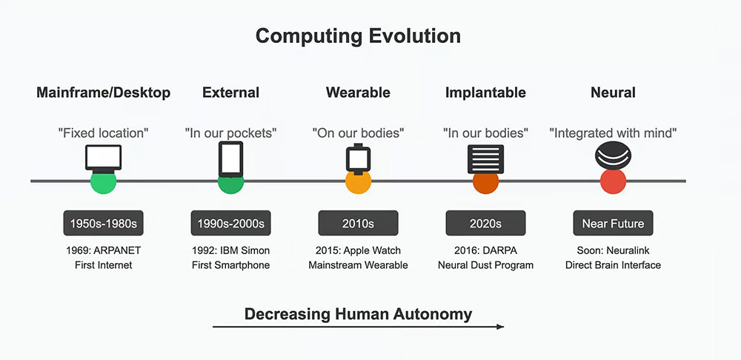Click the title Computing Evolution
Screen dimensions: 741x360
tap(358, 36)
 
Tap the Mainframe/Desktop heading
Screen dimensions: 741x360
tap(104, 93)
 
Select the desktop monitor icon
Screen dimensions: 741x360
tap(104, 159)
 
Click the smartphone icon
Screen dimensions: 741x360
tap(230, 159)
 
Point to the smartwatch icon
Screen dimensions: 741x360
tap(358, 159)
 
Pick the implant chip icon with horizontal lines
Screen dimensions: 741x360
tap(485, 159)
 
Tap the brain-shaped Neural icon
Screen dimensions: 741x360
tap(613, 156)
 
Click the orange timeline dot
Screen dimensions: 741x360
tap(358, 183)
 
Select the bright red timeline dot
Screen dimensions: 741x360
tap(613, 182)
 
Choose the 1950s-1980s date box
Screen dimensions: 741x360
tap(104, 223)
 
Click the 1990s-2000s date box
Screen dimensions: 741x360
tap(230, 223)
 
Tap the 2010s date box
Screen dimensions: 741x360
tap(358, 223)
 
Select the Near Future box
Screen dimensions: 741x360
tap(613, 223)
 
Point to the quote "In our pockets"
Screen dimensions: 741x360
tap(230, 133)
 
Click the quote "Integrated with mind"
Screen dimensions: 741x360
tap(613, 133)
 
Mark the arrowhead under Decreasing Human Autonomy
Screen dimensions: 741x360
tap(500, 327)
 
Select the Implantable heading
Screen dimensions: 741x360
tap(485, 93)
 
